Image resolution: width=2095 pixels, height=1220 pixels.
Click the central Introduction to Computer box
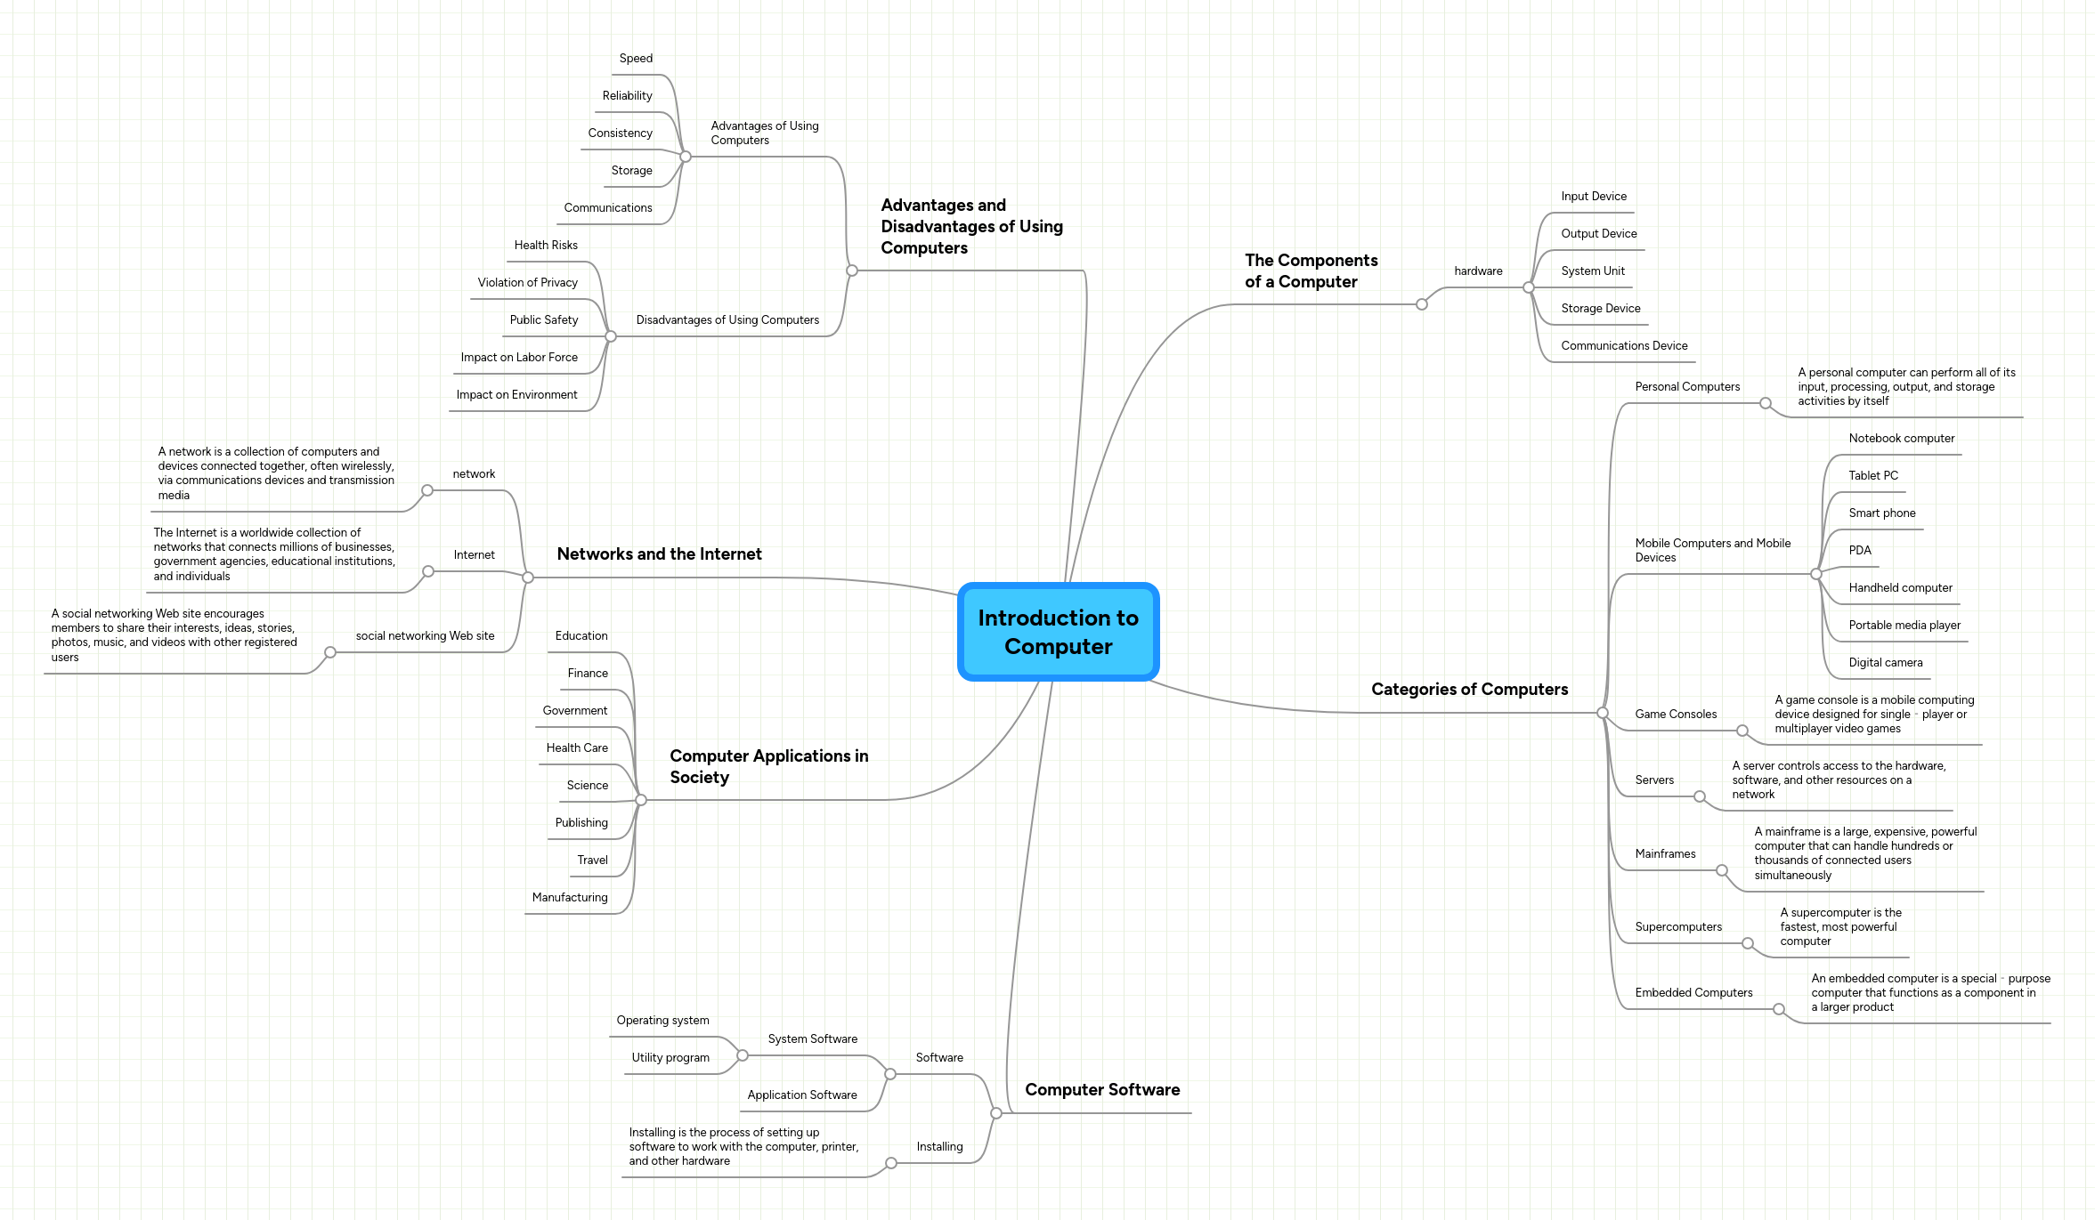1058,632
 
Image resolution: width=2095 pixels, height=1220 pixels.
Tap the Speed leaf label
636,59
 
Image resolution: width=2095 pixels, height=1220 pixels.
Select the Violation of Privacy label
527,283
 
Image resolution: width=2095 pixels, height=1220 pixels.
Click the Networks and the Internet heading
659,554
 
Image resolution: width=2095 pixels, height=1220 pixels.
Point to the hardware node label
1478,271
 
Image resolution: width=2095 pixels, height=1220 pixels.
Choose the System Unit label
1592,271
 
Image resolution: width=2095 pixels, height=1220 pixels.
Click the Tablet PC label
1872,476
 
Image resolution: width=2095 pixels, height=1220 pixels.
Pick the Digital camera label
1885,663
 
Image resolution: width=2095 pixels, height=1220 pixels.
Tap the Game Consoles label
1675,715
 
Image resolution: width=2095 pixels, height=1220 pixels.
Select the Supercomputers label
1677,927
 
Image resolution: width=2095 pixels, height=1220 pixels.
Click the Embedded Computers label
1693,993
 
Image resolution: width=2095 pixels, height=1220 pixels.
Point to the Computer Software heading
1101,1090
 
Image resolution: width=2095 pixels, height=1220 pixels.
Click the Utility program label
670,1058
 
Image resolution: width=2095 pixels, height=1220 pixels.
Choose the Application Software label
801,1095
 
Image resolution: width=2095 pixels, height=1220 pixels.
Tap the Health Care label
577,748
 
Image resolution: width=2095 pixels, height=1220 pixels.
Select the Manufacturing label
570,898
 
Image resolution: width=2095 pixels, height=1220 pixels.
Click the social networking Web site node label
425,636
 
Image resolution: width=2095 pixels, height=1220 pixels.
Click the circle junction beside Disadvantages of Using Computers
611,336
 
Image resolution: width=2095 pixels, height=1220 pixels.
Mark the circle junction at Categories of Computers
1602,713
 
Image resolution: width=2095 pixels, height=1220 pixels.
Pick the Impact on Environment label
516,395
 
